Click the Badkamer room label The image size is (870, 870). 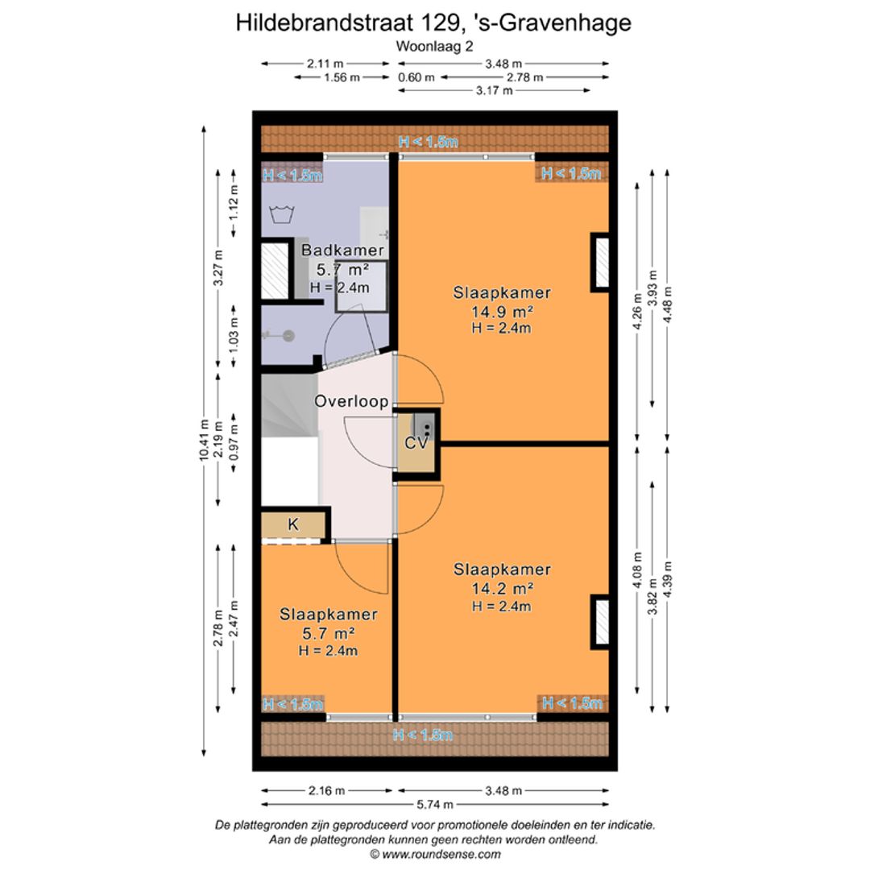[342, 251]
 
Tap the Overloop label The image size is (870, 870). [351, 401]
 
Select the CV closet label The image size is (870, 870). [416, 443]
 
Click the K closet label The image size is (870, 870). [293, 524]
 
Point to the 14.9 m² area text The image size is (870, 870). [503, 311]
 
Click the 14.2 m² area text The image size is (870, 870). [503, 588]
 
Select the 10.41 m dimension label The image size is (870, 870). [204, 441]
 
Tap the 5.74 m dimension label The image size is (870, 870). [435, 804]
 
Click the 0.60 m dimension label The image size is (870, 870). [416, 77]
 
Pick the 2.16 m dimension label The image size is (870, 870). [327, 790]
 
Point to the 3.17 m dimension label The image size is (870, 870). [495, 90]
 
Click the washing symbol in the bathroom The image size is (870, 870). [282, 213]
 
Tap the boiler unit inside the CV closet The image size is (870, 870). [423, 427]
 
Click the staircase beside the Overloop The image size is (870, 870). [290, 405]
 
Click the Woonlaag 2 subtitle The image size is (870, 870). [434, 47]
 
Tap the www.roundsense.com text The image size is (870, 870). [441, 855]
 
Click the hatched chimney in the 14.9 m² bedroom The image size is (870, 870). [601, 262]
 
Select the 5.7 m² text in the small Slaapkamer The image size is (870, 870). [329, 633]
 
